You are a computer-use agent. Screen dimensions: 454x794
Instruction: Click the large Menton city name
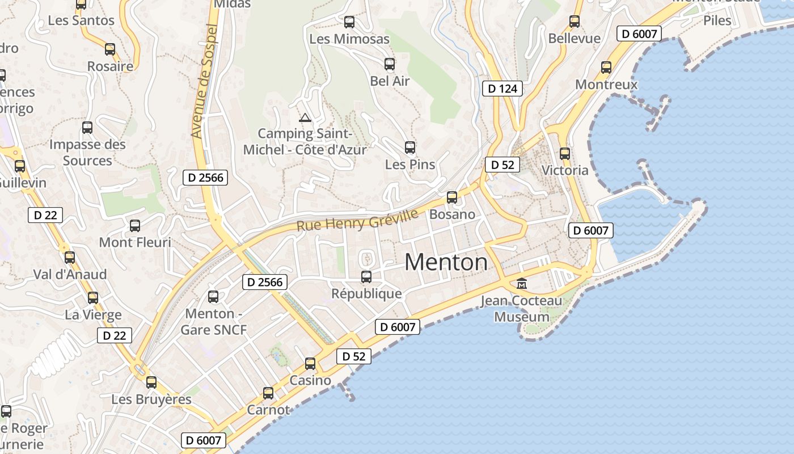(x=446, y=262)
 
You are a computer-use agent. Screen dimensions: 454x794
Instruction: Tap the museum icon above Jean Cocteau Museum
(x=521, y=283)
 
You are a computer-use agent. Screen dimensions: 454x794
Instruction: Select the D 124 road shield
(x=502, y=89)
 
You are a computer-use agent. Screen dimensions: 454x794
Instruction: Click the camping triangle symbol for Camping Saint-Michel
(x=305, y=118)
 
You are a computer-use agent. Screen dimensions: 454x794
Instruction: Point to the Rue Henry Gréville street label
(x=357, y=220)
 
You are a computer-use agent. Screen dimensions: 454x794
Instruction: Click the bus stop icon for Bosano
(x=452, y=197)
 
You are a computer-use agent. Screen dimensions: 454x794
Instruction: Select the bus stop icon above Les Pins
(x=410, y=148)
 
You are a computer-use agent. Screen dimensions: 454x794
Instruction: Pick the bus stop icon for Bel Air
(x=390, y=64)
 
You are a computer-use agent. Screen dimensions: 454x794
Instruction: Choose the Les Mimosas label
(x=349, y=39)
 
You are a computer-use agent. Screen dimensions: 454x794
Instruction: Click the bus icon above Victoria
(x=565, y=153)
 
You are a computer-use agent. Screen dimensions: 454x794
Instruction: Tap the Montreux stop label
(x=606, y=85)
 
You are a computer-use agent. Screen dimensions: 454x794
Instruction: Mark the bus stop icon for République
(x=366, y=277)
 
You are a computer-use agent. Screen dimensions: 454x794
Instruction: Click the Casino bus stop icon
(x=310, y=364)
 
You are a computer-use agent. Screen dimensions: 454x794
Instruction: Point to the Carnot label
(x=268, y=410)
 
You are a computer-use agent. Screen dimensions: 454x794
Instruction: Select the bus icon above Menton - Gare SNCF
(x=213, y=296)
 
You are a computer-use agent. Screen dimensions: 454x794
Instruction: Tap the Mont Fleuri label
(x=135, y=242)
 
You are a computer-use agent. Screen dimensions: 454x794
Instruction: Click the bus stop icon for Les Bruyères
(x=151, y=382)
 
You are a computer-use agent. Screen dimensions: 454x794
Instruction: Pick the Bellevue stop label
(x=575, y=39)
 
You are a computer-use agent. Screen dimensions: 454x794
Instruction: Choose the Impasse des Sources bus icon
(x=87, y=128)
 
